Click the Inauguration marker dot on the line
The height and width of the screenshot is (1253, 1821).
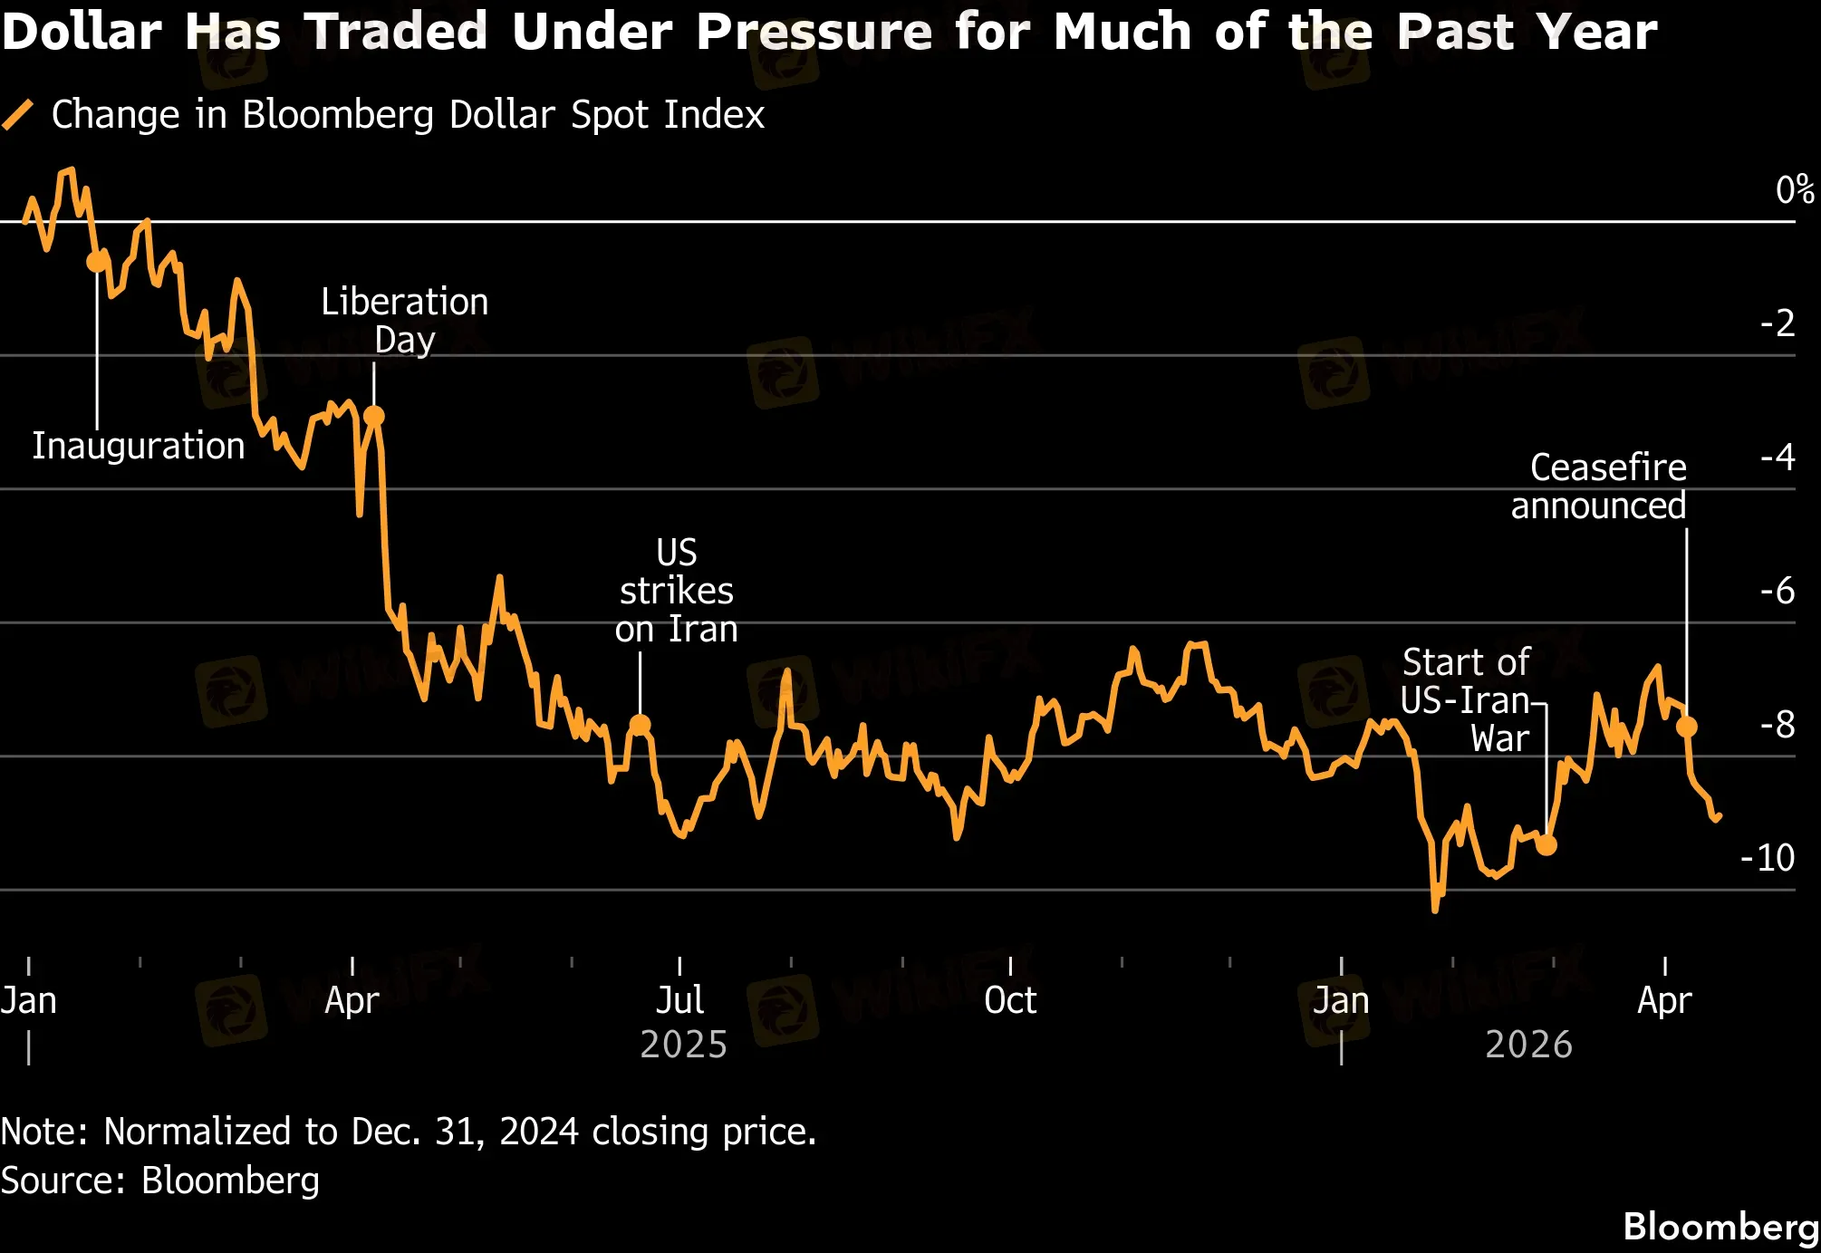pos(97,262)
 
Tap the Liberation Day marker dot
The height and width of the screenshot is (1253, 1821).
pos(373,416)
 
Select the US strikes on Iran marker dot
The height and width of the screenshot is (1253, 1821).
pos(640,725)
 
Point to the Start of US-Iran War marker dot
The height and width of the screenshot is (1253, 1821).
pos(1546,845)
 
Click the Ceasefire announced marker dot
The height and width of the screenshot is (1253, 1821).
pos(1686,727)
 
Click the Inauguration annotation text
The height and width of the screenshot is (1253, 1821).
pos(139,446)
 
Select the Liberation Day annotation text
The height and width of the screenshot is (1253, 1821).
pos(405,321)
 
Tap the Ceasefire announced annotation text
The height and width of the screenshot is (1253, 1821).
pos(1599,487)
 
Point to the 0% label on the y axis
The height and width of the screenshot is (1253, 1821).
pos(1794,190)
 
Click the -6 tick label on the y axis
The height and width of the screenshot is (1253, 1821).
pos(1778,591)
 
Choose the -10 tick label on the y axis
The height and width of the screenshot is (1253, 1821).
pos(1768,857)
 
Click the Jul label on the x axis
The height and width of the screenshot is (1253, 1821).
pos(679,1000)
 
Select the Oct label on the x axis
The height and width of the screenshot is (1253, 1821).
pos(1010,1000)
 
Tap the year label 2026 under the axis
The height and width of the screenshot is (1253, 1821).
pos(1528,1045)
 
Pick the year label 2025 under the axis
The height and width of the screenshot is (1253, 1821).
pos(684,1045)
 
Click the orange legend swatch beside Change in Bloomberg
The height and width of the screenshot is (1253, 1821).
pos(18,115)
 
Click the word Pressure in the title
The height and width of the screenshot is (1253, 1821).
pos(814,32)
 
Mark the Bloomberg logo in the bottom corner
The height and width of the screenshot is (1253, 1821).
pos(1720,1227)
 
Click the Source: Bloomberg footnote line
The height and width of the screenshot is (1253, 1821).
pos(160,1181)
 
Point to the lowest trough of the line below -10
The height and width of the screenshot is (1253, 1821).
pos(1435,909)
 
